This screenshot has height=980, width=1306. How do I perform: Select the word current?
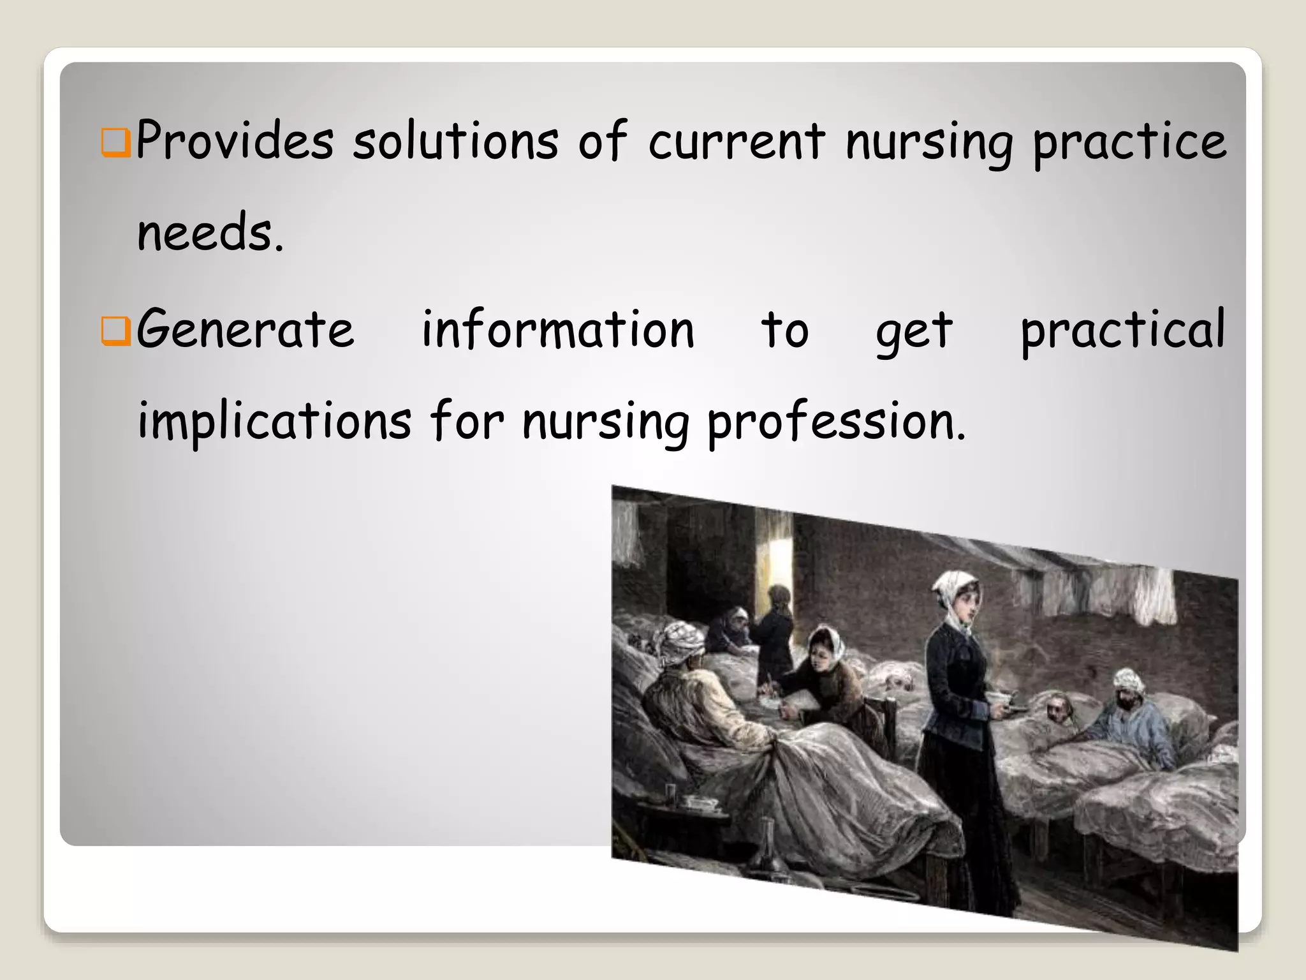pyautogui.click(x=737, y=142)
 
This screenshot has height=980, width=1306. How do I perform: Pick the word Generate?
pyautogui.click(x=246, y=330)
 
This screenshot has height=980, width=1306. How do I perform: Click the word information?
pyautogui.click(x=558, y=330)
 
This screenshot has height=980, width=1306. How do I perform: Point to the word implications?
pyautogui.click(x=274, y=422)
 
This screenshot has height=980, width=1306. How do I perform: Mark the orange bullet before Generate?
pyautogui.click(x=116, y=333)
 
